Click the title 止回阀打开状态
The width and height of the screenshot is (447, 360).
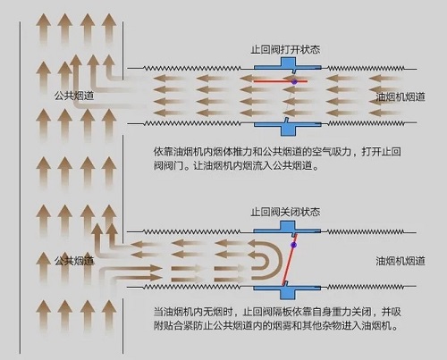click(285, 50)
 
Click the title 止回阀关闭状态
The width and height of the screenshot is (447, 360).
click(285, 213)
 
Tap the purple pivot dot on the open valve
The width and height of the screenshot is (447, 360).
click(294, 81)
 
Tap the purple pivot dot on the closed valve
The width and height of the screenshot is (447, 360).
click(293, 245)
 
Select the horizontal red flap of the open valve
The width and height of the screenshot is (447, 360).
click(281, 81)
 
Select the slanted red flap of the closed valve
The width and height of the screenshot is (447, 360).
click(290, 259)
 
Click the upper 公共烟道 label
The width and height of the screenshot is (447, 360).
click(74, 96)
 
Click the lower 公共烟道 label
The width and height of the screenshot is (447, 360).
click(74, 261)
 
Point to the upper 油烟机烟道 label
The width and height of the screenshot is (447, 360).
click(401, 97)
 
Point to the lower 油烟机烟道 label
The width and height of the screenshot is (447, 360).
click(401, 261)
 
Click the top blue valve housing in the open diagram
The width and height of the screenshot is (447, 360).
click(288, 65)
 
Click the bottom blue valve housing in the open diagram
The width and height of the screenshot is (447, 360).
click(288, 128)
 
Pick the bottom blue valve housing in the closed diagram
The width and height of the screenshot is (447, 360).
click(288, 290)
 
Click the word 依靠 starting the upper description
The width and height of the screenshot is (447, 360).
click(163, 152)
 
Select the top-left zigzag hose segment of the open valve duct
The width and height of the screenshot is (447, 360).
click(192, 68)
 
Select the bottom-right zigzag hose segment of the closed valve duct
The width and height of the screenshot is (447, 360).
click(366, 287)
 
